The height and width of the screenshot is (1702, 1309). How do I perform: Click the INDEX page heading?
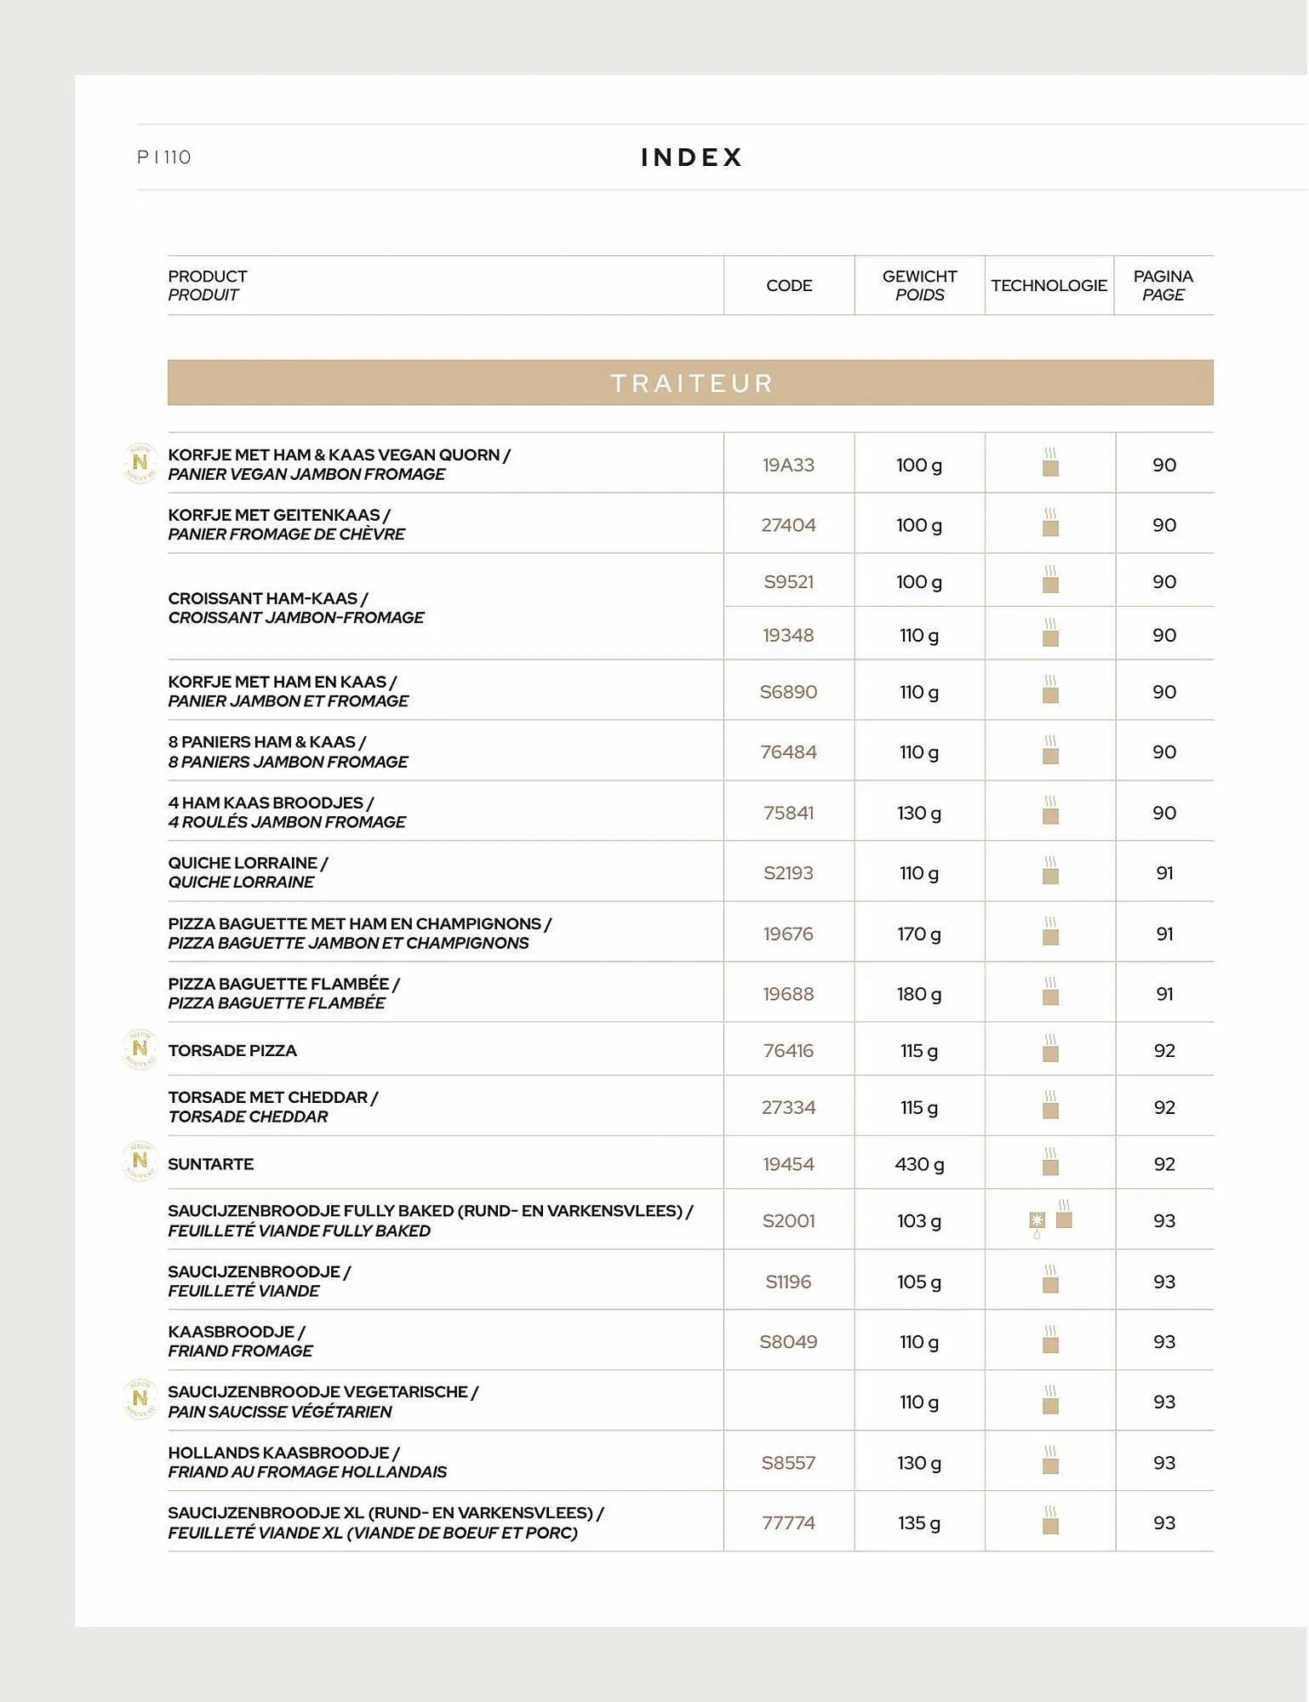tap(691, 157)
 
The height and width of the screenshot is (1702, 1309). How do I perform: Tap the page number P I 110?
tap(164, 157)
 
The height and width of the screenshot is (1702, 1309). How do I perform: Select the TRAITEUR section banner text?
tap(691, 383)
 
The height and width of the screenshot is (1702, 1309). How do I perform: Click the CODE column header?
tap(789, 286)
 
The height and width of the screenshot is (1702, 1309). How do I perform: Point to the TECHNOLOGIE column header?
tap(1049, 286)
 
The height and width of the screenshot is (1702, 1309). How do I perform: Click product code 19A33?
tap(788, 465)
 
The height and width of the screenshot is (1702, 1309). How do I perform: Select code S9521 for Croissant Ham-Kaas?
tap(788, 582)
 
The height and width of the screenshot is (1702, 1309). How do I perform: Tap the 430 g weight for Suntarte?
tap(919, 1164)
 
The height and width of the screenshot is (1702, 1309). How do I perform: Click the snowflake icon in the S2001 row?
tap(1037, 1220)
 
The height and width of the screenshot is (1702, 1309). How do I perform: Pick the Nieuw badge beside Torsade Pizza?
tap(140, 1049)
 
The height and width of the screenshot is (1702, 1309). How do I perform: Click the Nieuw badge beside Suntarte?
tap(140, 1161)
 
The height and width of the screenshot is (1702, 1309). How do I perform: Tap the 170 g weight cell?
tap(919, 934)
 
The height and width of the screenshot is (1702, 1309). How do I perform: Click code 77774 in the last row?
tap(788, 1522)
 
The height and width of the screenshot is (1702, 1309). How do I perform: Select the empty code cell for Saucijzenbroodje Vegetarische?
tap(788, 1402)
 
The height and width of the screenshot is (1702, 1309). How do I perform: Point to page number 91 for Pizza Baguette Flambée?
tap(1164, 994)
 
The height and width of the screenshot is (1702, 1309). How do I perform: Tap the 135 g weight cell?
tap(919, 1522)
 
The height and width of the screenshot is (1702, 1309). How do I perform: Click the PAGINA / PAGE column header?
tap(1163, 286)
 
